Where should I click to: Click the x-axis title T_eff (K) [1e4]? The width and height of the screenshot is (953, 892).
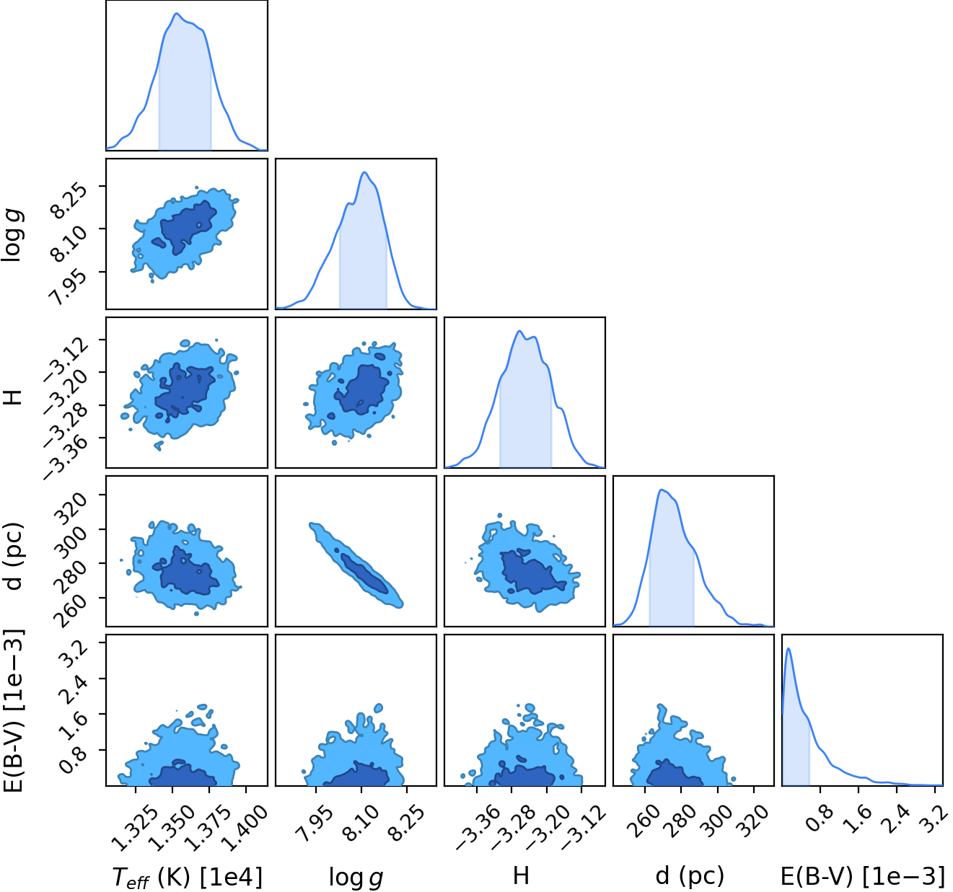[x=187, y=878]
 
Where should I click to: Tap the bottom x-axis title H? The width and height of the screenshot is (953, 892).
[x=521, y=875]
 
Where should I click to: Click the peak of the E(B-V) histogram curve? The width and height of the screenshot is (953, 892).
[x=789, y=648]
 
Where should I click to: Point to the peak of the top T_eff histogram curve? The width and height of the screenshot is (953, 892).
[x=176, y=14]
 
